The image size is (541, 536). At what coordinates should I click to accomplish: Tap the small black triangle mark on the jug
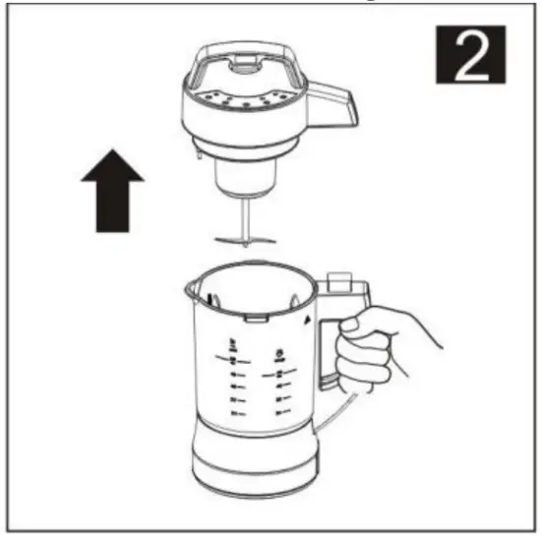[308, 322]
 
